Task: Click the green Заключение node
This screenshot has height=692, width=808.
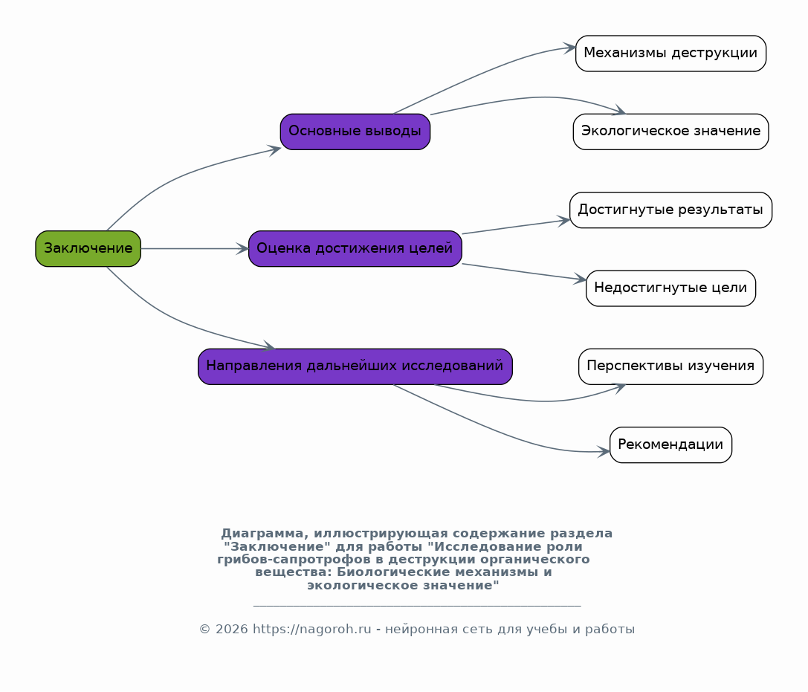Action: [88, 249]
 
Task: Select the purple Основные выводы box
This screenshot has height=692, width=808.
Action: [355, 132]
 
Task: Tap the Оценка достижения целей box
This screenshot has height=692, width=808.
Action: [355, 249]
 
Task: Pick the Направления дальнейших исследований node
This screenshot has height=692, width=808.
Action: [355, 366]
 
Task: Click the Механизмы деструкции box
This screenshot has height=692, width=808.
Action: [670, 54]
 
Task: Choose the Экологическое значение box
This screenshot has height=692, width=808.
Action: [670, 132]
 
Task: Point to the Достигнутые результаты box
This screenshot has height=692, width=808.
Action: [670, 210]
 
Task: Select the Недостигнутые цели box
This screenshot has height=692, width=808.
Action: [670, 288]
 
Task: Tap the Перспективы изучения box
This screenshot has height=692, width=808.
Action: [670, 366]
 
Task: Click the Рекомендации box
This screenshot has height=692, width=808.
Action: [670, 444]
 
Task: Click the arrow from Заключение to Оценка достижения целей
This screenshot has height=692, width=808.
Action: [195, 249]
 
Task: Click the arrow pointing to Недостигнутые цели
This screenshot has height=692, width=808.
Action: [524, 271]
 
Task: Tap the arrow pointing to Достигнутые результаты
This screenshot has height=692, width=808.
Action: [516, 227]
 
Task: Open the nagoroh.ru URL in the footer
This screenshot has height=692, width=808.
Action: [311, 629]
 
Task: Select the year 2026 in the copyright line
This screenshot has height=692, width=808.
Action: [231, 629]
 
